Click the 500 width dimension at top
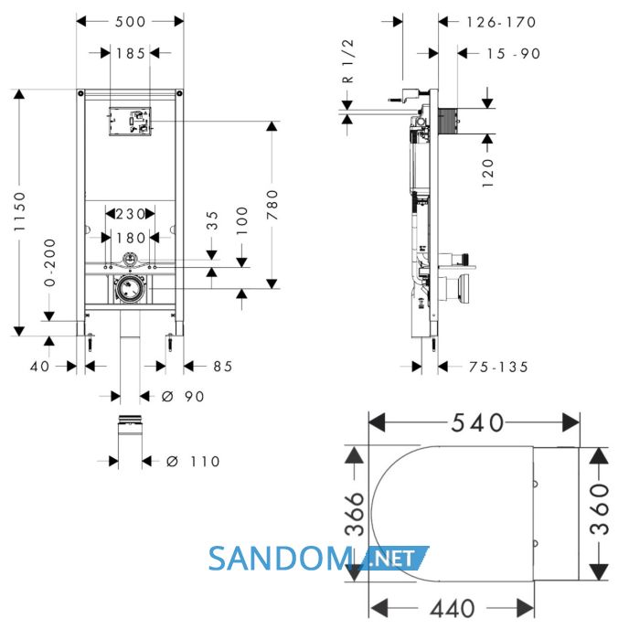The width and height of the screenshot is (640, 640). tap(130, 22)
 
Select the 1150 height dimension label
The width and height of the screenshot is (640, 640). tap(19, 211)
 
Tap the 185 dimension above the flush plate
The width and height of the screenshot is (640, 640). tap(131, 53)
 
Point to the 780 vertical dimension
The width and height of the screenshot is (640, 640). tap(272, 205)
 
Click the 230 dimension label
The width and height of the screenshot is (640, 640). tap(130, 213)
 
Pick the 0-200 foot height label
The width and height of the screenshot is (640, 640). tap(49, 262)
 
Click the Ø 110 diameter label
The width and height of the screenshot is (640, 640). tap(193, 462)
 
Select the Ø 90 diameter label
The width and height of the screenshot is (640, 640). tap(183, 396)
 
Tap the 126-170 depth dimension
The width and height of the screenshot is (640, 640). tap(501, 22)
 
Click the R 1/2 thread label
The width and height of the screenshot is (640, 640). tap(347, 61)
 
